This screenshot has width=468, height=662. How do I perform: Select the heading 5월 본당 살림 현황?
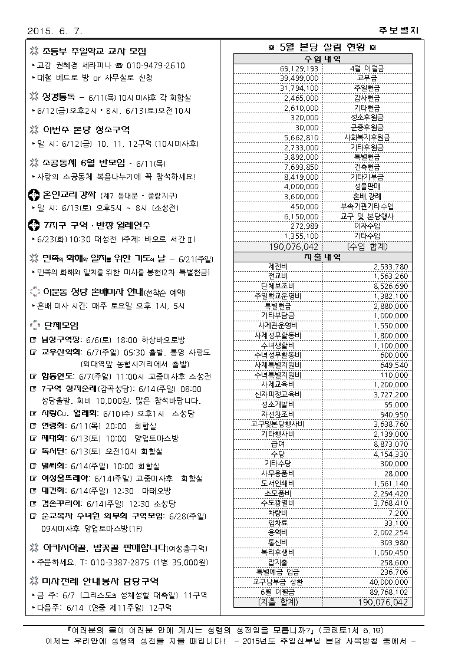pyautogui.click(x=322, y=48)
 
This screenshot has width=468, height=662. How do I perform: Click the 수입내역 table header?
pyautogui.click(x=322, y=60)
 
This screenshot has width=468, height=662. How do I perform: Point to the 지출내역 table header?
pyautogui.click(x=322, y=258)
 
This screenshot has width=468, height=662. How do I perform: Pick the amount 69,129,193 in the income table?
pyautogui.click(x=299, y=68)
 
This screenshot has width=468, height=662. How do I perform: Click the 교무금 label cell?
pyautogui.click(x=367, y=78)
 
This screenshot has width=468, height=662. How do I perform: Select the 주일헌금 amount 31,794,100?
pyautogui.click(x=299, y=87)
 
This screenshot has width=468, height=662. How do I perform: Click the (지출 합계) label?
pyautogui.click(x=278, y=602)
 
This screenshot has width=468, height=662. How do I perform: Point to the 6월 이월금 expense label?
pyautogui.click(x=278, y=591)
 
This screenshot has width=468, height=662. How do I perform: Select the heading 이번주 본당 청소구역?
pyautogui.click(x=86, y=130)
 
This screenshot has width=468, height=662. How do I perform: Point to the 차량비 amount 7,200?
pyautogui.click(x=398, y=513)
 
